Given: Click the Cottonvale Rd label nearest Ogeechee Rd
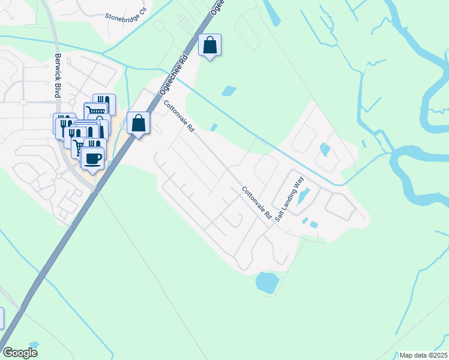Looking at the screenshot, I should point(179,116).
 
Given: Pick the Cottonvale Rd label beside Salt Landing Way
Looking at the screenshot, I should point(258,202).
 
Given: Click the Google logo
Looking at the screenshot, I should point(20,353).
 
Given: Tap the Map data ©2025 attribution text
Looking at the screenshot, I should point(423,355).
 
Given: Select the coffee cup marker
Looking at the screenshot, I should point(92,159).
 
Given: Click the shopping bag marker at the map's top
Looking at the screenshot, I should point(210,45).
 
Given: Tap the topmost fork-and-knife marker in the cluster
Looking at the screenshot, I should point(104,102).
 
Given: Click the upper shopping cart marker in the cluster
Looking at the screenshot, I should point(96,110).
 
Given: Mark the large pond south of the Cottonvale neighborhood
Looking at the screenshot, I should point(267,281).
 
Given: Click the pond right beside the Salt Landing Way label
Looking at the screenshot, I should point(304,195).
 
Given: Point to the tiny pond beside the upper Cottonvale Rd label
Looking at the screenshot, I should point(214,127).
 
